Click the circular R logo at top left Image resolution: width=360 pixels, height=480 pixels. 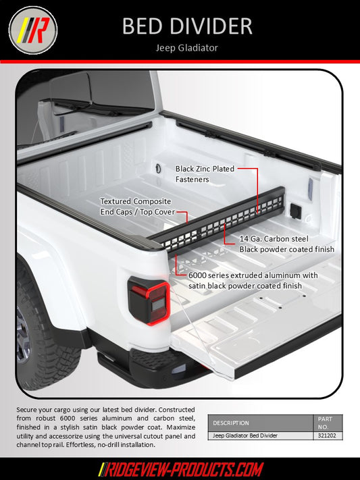point(32,30)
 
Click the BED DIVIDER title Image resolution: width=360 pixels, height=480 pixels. point(187,26)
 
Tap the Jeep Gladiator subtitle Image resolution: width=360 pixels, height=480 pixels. point(187,48)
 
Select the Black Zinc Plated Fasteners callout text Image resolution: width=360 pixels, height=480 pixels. point(205,174)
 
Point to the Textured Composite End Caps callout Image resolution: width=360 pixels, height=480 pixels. point(135,207)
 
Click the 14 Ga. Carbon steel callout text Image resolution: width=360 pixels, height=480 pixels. point(286,244)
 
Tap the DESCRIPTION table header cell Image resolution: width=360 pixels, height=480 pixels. point(231,423)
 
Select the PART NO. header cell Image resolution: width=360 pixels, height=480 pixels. point(328,423)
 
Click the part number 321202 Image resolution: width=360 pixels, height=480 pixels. point(328,436)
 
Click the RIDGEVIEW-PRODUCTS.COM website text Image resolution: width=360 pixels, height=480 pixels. point(180,469)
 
